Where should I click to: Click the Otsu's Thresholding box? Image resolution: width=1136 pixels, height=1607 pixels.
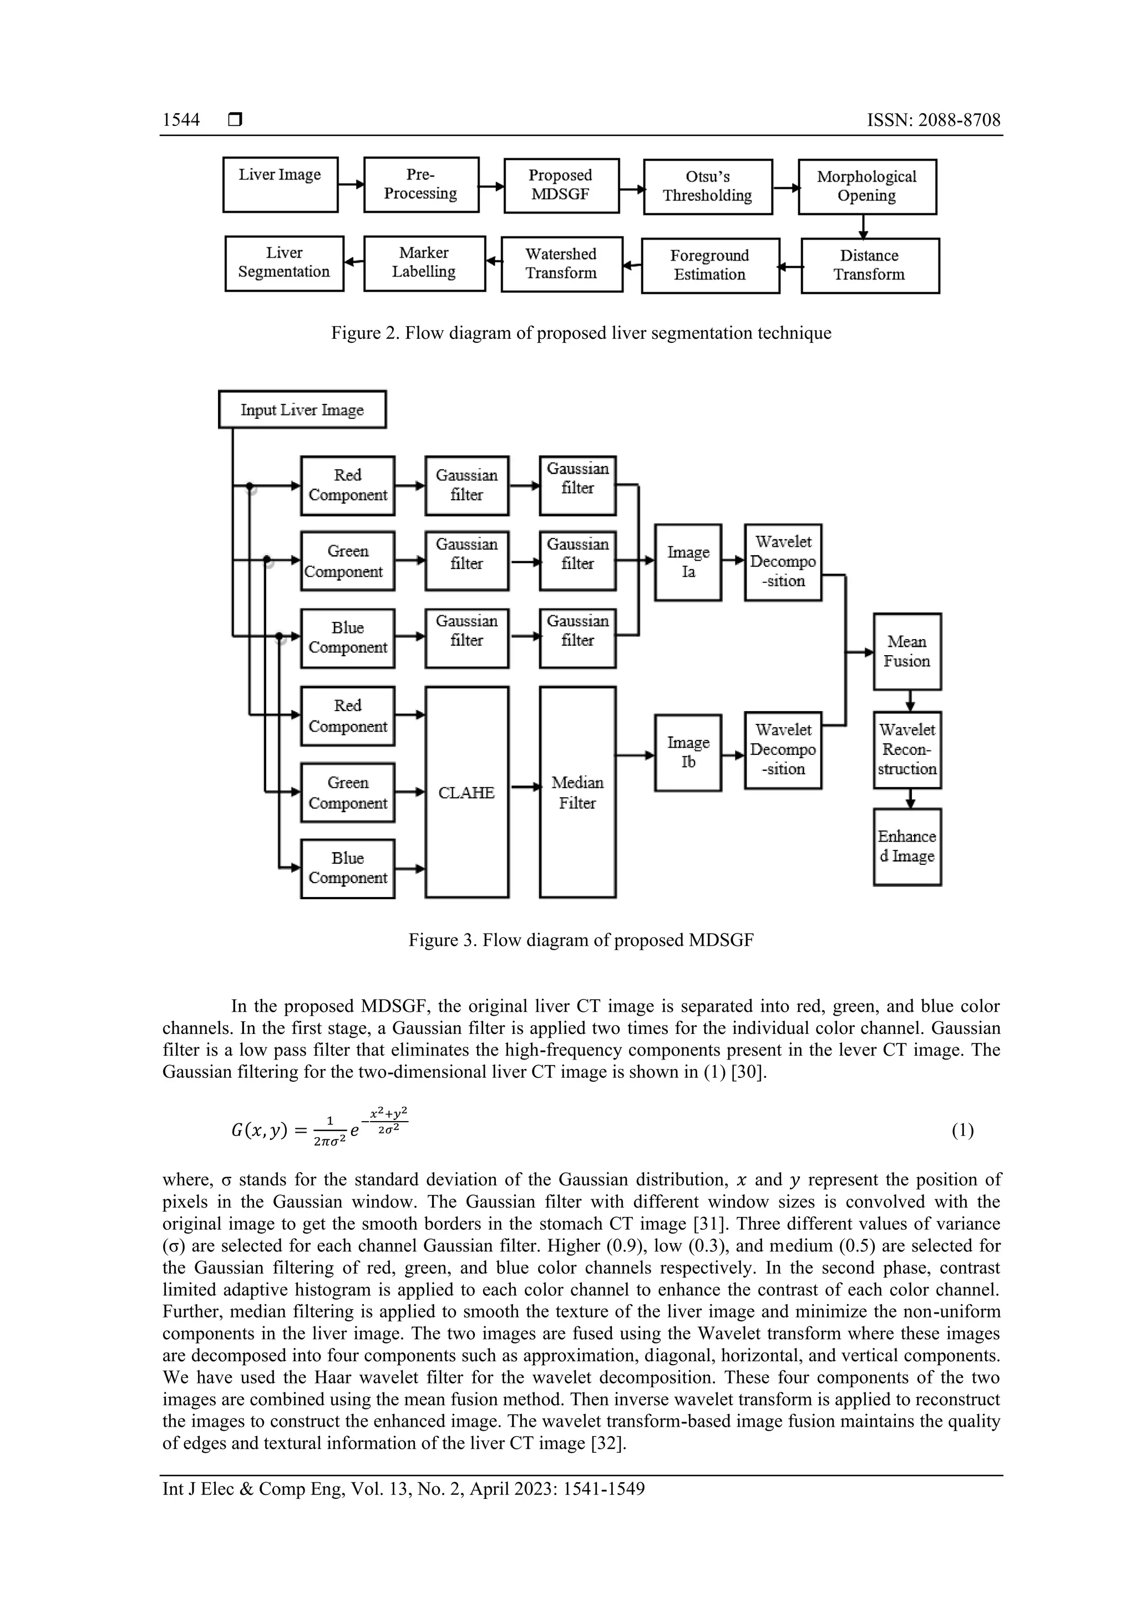pyautogui.click(x=708, y=187)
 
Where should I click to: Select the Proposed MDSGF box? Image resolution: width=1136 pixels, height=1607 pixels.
pyautogui.click(x=561, y=185)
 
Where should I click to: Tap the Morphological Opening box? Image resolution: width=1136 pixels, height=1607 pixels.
pyautogui.click(x=866, y=187)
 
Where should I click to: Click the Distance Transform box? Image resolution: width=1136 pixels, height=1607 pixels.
pyautogui.click(x=869, y=265)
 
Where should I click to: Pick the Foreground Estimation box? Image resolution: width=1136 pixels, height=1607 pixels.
pyautogui.click(x=710, y=265)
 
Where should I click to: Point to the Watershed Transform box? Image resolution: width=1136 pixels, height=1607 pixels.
pyautogui.click(x=561, y=264)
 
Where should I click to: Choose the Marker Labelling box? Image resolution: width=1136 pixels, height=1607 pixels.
pyautogui.click(x=424, y=263)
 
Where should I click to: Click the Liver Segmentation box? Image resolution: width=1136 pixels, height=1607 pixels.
pyautogui.click(x=284, y=263)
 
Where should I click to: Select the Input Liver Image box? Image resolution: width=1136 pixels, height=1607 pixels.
pyautogui.click(x=302, y=409)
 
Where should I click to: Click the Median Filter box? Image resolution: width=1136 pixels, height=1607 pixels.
pyautogui.click(x=577, y=792)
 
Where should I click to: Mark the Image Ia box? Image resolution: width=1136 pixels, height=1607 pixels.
pyautogui.click(x=688, y=562)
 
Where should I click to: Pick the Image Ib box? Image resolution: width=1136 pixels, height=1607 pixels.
pyautogui.click(x=688, y=752)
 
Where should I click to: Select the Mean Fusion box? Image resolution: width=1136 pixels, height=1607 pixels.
pyautogui.click(x=906, y=652)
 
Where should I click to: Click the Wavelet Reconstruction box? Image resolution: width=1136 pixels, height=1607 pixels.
pyautogui.click(x=907, y=749)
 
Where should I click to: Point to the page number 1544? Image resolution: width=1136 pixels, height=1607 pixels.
pyautogui.click(x=181, y=120)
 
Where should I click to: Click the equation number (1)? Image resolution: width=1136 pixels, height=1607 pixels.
pyautogui.click(x=962, y=1131)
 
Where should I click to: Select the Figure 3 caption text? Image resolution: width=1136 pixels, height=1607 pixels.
pyautogui.click(x=581, y=940)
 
